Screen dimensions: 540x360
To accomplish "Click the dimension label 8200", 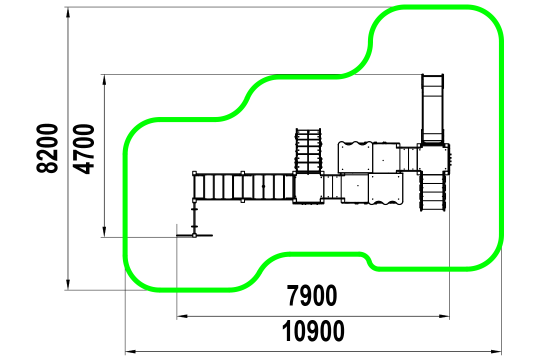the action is [47, 148].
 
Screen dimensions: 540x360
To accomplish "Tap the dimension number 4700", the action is [83, 149].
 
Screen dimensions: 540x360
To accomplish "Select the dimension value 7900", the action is [312, 295].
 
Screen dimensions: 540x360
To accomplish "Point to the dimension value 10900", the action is [313, 331].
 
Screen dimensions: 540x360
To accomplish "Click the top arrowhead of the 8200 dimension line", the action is [68, 12].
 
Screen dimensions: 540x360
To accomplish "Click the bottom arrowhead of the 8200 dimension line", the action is [68, 284].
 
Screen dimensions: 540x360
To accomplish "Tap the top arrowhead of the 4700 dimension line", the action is [104, 80].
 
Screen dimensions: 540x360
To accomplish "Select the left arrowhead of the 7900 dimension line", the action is [182, 316].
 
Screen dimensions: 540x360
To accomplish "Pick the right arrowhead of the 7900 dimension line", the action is [444, 316].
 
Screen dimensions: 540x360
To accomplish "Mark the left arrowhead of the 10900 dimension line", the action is [130, 351].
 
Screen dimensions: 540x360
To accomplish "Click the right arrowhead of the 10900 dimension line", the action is [496, 351].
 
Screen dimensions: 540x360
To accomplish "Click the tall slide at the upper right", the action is [432, 109].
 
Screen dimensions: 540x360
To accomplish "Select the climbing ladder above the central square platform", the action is [308, 150].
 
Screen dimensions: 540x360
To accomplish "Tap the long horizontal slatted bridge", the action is [244, 186].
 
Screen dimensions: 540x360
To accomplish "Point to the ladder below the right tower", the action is [432, 191].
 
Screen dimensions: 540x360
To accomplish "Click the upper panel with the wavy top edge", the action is [355, 156].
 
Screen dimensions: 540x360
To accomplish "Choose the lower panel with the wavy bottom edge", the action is [385, 189].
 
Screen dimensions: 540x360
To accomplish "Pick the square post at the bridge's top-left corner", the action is [194, 173].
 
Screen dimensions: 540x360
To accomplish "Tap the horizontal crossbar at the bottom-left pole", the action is [194, 235].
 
